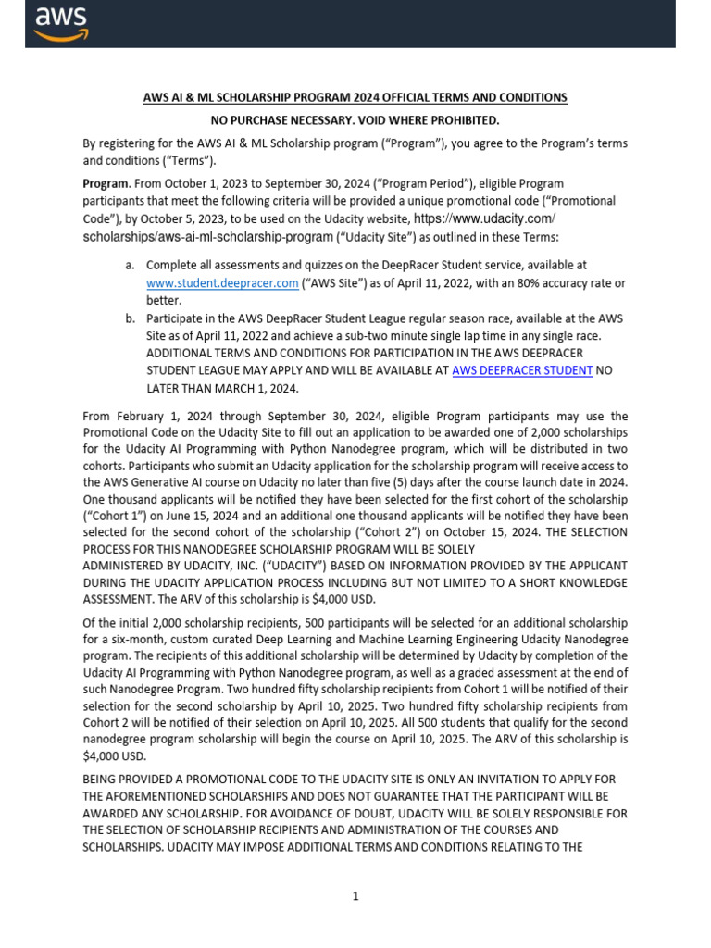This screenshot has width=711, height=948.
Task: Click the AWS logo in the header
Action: click(x=60, y=23)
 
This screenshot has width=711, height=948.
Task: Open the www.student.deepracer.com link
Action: click(x=222, y=282)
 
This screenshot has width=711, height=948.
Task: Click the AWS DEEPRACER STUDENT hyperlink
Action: click(x=522, y=370)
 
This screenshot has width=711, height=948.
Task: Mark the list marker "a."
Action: click(x=131, y=266)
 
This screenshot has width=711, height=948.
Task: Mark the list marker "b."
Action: click(x=131, y=318)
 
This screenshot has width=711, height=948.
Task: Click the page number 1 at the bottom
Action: click(x=355, y=895)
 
